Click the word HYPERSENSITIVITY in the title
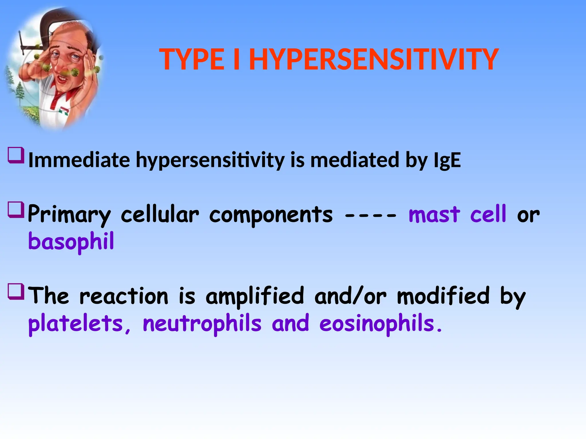click(x=374, y=59)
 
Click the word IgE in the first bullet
click(x=447, y=160)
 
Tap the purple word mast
click(x=434, y=214)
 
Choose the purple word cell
click(x=488, y=214)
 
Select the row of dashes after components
click(x=371, y=216)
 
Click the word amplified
click(x=255, y=296)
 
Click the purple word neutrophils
click(x=202, y=324)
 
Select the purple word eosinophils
click(x=377, y=324)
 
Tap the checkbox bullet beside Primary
click(x=16, y=210)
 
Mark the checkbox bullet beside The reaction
click(x=16, y=291)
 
